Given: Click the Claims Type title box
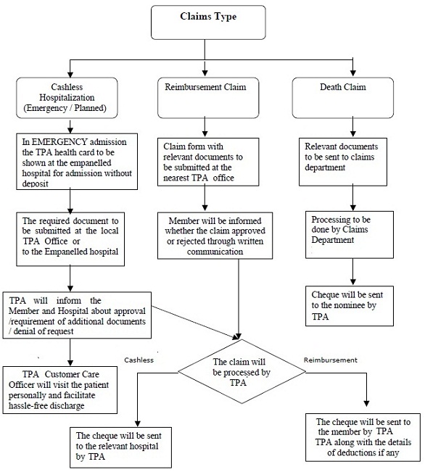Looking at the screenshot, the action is click(208, 22).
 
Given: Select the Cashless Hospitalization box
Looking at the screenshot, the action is click(67, 98).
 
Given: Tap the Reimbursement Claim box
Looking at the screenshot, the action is click(208, 98).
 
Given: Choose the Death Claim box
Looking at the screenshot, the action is click(343, 98).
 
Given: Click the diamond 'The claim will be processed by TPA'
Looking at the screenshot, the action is click(242, 371).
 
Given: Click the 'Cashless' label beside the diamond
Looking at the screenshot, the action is click(139, 360).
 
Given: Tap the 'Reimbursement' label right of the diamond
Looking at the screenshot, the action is click(331, 360).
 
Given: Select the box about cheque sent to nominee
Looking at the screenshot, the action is click(350, 306).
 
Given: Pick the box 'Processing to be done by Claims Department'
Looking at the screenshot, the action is click(350, 234).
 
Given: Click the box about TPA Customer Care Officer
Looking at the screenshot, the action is click(60, 390).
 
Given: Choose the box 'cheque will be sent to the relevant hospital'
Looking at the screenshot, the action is click(121, 447).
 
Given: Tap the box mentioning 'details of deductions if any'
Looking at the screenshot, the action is click(363, 437).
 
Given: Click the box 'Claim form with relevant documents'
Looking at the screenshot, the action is click(208, 162).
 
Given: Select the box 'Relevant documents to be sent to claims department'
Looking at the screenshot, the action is click(343, 162).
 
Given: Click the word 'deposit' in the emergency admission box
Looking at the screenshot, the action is click(36, 184).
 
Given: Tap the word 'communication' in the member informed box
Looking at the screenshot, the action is click(215, 252).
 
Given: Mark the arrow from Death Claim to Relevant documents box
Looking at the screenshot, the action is click(353, 127).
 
